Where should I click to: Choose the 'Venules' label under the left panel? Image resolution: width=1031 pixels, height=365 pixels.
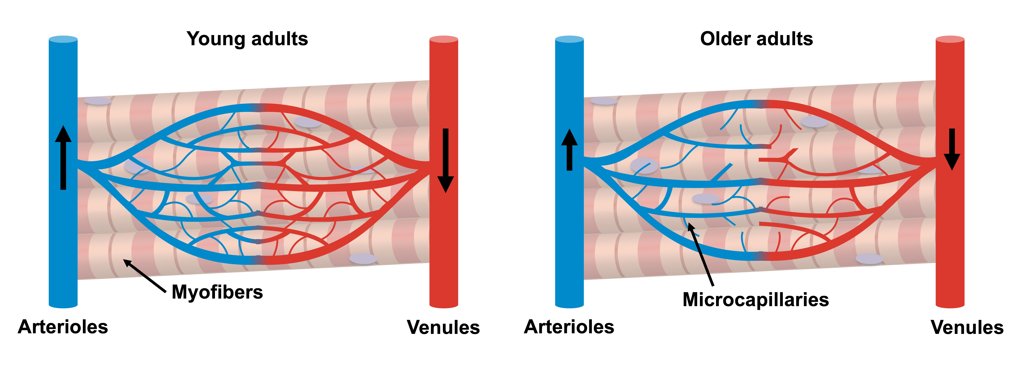click(x=443, y=327)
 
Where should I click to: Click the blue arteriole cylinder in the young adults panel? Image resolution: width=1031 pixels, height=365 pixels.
click(x=63, y=240)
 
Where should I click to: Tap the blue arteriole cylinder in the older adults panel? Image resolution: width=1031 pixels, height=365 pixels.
click(x=569, y=240)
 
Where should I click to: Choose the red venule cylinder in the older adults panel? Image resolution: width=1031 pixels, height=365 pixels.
click(x=950, y=240)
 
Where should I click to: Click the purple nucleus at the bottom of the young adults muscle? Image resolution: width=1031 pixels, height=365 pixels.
click(x=363, y=259)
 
